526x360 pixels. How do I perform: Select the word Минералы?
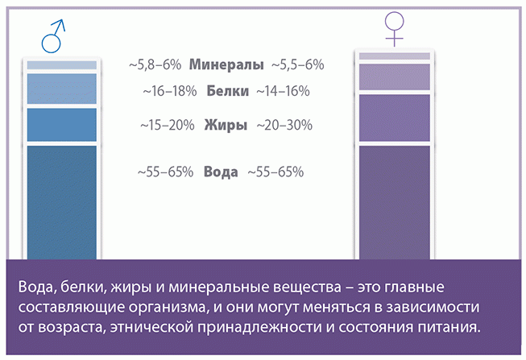pos(226,64)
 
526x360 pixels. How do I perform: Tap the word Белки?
pos(227,91)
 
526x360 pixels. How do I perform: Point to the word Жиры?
pos(226,125)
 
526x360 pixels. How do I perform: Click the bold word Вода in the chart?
pos(221,172)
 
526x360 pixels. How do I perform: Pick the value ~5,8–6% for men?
pos(155,64)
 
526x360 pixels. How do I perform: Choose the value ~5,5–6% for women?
pos(297,64)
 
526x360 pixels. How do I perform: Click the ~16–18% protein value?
pos(170,91)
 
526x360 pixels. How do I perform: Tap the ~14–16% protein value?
pos(283,91)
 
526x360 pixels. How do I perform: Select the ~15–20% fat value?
pos(168,125)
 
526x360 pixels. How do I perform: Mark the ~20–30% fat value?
pos(284,125)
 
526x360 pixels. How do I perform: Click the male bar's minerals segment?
pos(62,65)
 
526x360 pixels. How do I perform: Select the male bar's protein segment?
pos(62,89)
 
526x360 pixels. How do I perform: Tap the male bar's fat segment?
pos(62,125)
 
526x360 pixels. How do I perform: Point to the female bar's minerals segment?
pos(395,56)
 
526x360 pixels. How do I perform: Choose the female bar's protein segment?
pos(395,77)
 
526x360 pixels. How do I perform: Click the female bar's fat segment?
pos(395,118)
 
